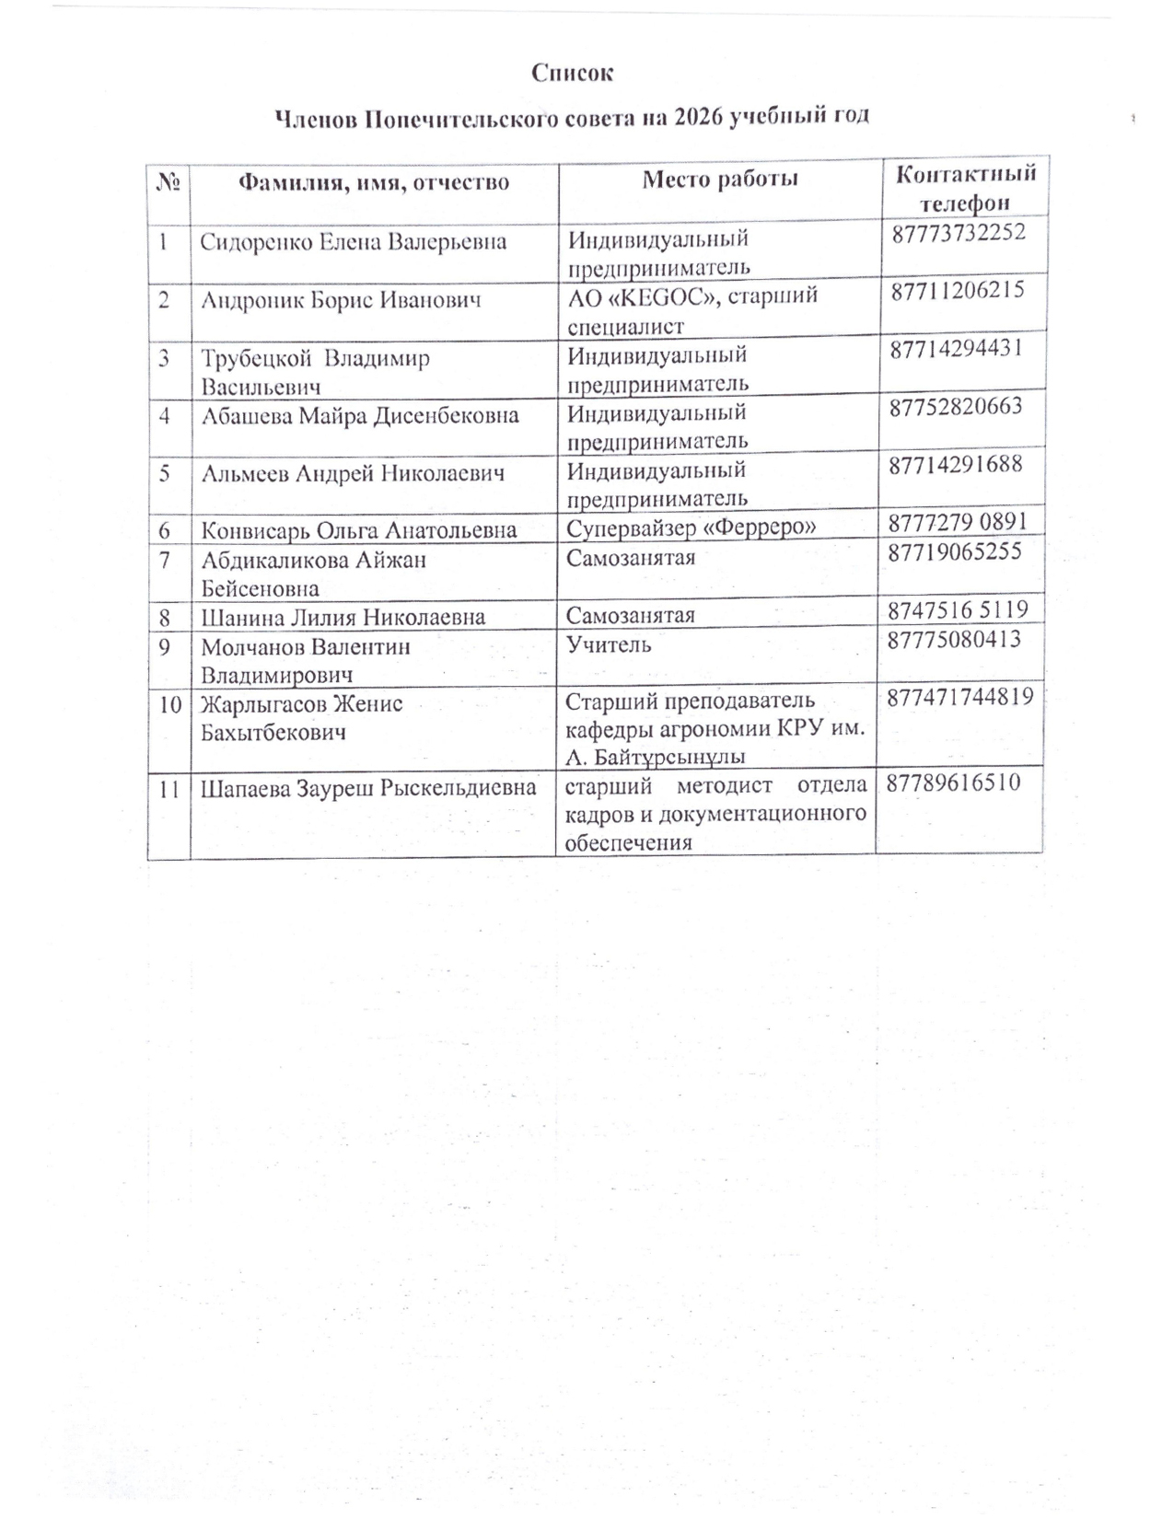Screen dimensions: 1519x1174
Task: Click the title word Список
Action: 572,73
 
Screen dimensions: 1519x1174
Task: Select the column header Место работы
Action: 719,179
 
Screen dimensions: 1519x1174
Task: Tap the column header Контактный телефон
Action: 965,188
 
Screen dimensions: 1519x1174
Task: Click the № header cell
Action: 169,182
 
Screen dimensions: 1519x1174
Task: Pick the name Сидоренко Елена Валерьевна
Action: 354,242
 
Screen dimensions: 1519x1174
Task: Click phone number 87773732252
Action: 958,233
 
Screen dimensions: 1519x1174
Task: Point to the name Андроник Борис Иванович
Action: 341,300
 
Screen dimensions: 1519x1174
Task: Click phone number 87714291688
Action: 956,463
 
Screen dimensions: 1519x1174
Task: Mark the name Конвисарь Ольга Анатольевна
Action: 359,530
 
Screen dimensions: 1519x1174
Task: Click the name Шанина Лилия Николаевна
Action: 343,617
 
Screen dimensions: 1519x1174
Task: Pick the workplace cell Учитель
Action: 609,644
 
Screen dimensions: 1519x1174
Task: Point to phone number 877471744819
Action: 960,697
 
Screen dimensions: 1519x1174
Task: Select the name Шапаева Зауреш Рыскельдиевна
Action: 368,788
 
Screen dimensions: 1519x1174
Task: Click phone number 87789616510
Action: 954,783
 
